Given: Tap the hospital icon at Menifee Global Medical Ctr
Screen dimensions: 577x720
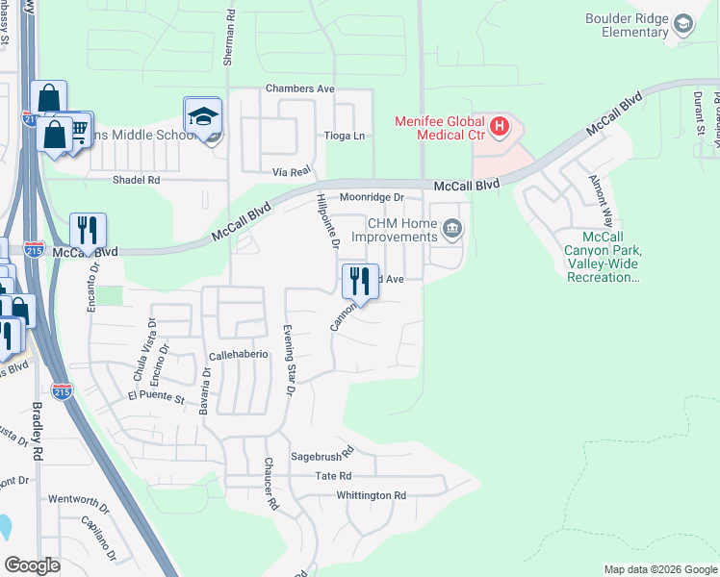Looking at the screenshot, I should tap(499, 125).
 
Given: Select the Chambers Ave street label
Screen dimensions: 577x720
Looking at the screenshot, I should tap(300, 88).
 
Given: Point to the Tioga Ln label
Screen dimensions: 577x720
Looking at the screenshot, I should tap(345, 136).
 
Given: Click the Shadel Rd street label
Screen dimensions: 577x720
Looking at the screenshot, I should tap(135, 180).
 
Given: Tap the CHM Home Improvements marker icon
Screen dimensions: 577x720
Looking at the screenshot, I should tap(452, 229).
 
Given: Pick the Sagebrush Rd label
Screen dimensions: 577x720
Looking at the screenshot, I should tap(322, 450).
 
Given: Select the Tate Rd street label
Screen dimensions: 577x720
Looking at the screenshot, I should tap(333, 476).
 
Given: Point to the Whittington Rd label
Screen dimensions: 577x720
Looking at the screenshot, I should tap(372, 495).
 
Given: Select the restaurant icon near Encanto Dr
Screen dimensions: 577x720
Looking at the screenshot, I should tap(88, 231).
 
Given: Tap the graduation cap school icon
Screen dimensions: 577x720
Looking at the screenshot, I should tap(203, 116).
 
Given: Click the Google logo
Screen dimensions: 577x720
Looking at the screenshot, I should tap(33, 565).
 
